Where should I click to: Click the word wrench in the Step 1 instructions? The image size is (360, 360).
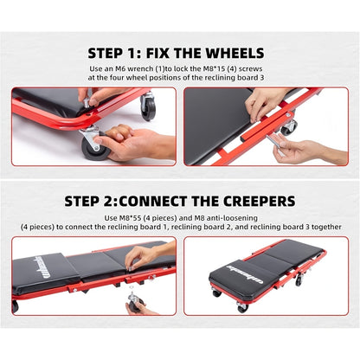139,69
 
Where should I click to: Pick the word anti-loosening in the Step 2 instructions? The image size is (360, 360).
232,218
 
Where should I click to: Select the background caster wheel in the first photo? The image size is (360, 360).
148,106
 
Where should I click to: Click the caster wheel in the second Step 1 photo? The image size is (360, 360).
289,128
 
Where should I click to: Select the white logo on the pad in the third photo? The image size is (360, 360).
40,268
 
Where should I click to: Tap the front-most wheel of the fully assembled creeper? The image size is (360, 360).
242,306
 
